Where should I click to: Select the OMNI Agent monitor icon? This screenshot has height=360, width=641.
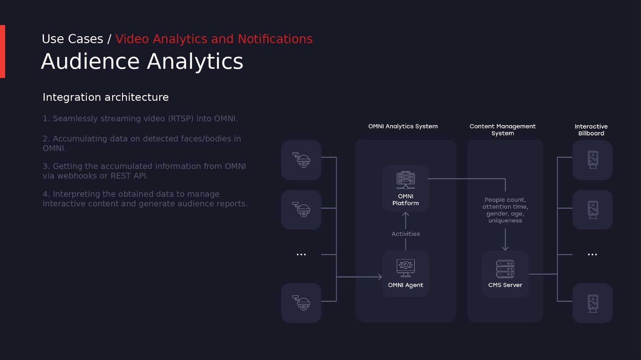click(x=406, y=268)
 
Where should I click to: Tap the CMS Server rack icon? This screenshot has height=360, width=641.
click(x=505, y=269)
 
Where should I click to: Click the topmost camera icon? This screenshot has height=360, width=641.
click(x=301, y=160)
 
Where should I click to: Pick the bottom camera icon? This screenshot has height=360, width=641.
click(x=301, y=303)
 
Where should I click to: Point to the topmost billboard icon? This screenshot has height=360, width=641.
click(x=593, y=160)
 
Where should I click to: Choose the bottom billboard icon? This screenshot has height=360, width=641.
click(x=593, y=303)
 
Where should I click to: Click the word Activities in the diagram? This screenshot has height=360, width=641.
click(x=406, y=234)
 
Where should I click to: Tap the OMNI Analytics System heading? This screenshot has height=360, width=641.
click(x=403, y=126)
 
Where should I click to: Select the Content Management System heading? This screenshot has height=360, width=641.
click(x=502, y=130)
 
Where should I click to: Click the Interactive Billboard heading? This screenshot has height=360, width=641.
click(x=591, y=130)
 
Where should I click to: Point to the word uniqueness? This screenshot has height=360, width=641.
click(x=505, y=220)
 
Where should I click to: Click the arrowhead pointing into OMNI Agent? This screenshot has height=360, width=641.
click(x=380, y=277)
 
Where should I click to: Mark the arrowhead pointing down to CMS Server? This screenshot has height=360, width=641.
click(x=505, y=248)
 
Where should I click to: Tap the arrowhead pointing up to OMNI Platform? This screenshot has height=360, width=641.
click(x=406, y=214)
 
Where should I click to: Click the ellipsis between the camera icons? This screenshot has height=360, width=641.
click(x=301, y=254)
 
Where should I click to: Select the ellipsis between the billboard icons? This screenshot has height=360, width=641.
click(x=592, y=254)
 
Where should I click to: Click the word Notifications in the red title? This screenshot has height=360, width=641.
click(x=275, y=39)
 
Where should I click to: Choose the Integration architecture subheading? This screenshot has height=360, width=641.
click(x=106, y=97)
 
